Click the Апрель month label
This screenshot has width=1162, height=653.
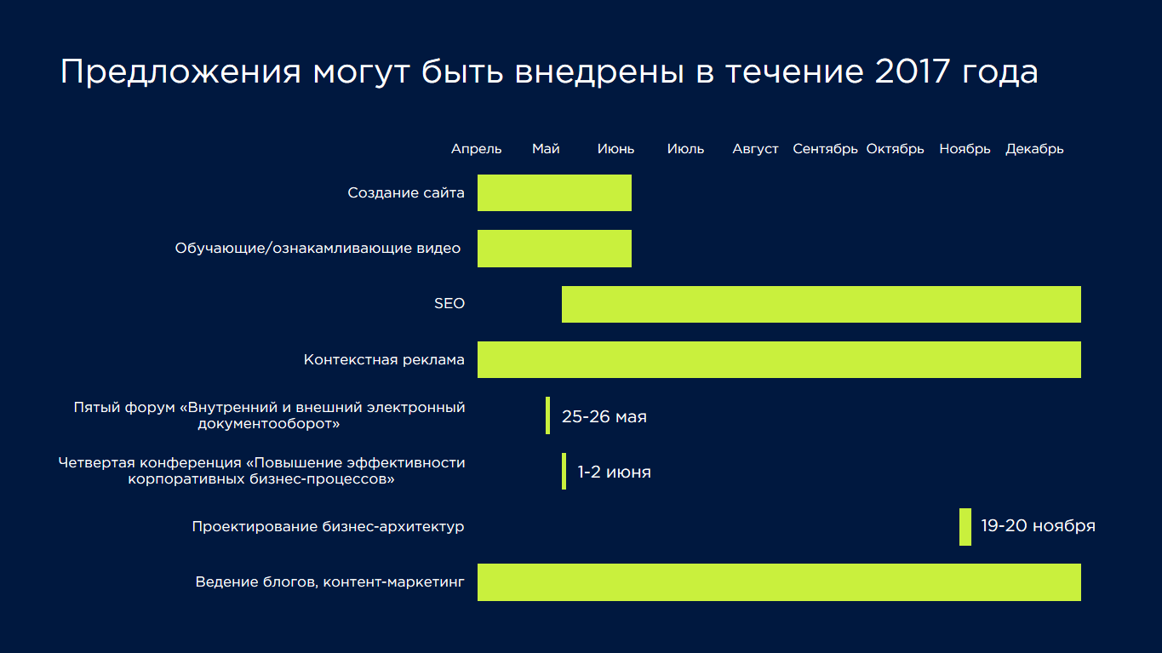point(476,149)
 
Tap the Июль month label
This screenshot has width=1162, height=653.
point(685,149)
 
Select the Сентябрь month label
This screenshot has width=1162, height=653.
point(825,149)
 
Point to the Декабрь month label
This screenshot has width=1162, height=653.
point(1034,149)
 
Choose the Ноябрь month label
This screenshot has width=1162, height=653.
point(965,149)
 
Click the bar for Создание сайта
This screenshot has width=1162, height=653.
point(554,193)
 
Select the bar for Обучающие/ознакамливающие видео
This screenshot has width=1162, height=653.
point(554,249)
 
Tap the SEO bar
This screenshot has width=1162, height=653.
point(821,304)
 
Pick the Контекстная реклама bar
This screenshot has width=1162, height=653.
point(779,359)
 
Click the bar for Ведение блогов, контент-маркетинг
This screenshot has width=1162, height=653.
point(779,582)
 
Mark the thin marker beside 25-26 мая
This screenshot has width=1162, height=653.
point(548,415)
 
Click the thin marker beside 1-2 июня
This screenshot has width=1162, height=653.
point(564,471)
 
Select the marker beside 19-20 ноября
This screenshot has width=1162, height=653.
point(965,527)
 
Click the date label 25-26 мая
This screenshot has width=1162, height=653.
point(604,416)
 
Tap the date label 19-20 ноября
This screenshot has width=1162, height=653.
point(1038,526)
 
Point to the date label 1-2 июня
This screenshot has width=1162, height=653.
point(615,472)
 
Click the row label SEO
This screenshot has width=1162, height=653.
point(449,303)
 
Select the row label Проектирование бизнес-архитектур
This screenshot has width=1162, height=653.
point(328,527)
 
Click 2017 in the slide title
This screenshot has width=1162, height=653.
point(913,71)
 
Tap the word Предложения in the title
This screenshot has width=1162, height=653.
point(180,72)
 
